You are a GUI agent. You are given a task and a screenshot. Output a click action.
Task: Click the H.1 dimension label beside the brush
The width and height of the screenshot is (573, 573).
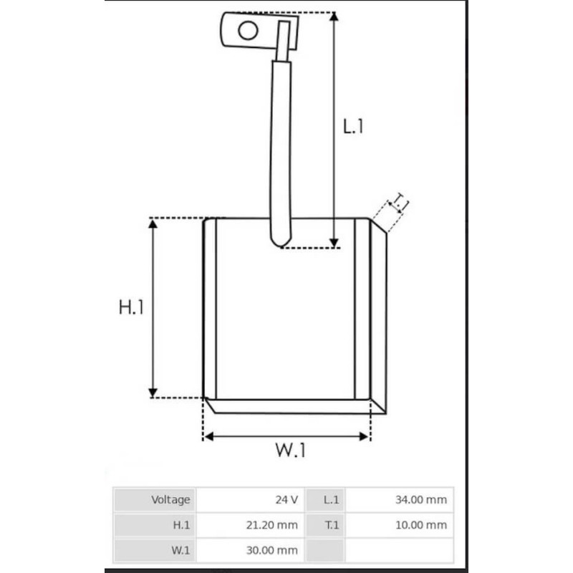(132, 307)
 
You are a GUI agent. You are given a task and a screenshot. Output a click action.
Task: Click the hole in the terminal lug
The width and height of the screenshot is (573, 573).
(248, 30)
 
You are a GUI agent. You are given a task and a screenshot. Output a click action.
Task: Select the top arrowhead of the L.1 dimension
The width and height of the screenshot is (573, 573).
(334, 18)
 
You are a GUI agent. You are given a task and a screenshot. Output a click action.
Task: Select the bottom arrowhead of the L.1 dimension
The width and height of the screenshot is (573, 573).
(334, 241)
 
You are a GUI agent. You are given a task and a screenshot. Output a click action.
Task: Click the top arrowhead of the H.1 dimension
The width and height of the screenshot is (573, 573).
(153, 225)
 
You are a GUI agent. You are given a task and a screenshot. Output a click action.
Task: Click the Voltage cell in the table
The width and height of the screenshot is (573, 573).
(170, 499)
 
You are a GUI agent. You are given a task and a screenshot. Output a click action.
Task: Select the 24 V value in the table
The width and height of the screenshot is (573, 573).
(287, 499)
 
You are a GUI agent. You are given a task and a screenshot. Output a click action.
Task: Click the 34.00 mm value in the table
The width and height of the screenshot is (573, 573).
(420, 499)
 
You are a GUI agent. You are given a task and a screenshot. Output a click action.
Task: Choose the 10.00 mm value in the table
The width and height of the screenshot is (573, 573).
(420, 525)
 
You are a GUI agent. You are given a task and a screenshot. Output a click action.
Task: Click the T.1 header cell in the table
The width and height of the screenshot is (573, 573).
(331, 525)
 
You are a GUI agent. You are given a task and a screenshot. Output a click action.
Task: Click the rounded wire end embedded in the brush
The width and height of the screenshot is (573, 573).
(281, 239)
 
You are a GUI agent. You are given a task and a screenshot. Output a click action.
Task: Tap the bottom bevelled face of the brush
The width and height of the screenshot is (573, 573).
(294, 406)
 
